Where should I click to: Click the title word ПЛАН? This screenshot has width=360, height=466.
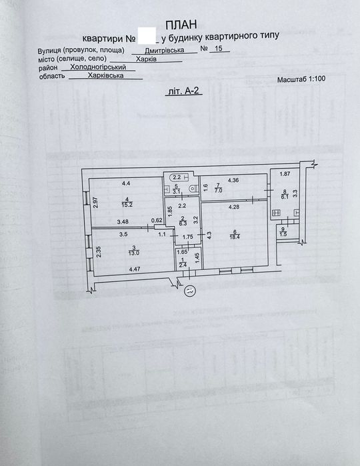pos(179,23)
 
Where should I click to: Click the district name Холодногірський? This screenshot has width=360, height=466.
pos(99,67)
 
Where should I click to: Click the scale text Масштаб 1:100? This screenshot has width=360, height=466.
pos(301,79)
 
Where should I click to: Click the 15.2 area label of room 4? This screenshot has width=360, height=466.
pos(126,205)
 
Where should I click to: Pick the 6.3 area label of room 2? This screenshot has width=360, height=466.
pos(183,225)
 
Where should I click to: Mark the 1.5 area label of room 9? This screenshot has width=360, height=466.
pos(283,234)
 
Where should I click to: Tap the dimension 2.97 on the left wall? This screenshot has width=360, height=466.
pos(95,202)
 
